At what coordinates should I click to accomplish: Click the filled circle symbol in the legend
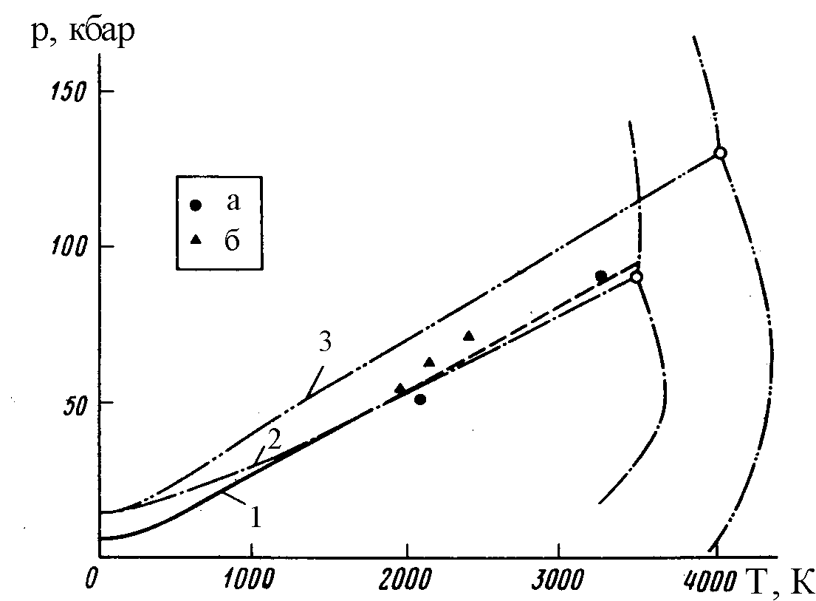(x=195, y=205)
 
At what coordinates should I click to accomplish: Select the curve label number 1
(x=255, y=518)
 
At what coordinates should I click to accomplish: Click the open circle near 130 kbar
(x=720, y=153)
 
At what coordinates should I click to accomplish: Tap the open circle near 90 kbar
(x=636, y=276)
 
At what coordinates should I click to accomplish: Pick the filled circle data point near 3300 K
(x=601, y=276)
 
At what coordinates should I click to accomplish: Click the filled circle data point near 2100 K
(x=420, y=399)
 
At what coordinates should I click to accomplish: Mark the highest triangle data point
(x=468, y=336)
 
